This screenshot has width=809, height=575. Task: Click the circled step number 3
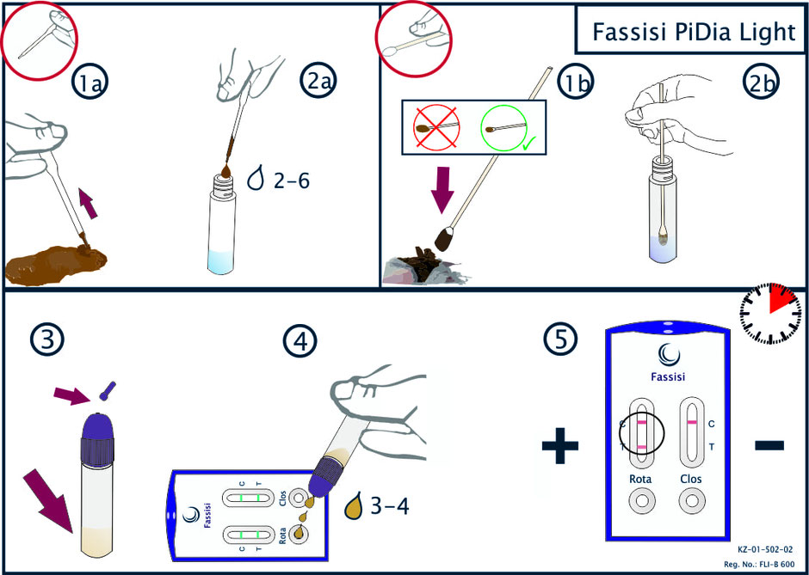[x=47, y=340]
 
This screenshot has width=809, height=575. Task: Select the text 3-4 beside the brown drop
[x=388, y=507]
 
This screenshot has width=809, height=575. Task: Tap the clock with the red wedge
[x=770, y=313]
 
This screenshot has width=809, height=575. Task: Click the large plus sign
[x=560, y=444]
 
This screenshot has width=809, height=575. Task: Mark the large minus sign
[x=769, y=444]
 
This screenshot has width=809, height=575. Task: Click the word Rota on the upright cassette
[x=641, y=479]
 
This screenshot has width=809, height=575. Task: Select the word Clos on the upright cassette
[x=691, y=479]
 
